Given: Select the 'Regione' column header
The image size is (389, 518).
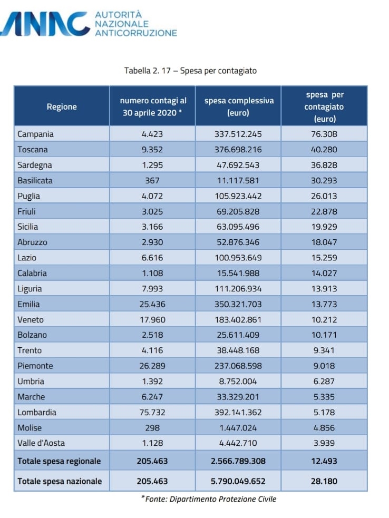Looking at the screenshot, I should pos(62,106).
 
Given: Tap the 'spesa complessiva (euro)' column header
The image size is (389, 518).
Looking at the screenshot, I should pos(238,106).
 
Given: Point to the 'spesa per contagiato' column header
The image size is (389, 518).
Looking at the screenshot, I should pos(324,106).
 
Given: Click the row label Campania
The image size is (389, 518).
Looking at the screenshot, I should pos(36,134).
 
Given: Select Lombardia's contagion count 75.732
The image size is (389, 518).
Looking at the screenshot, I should pos(152,412).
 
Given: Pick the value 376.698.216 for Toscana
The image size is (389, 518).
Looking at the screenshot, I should pos(238,150).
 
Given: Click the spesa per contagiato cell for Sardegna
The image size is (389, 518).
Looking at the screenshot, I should pos(324,165).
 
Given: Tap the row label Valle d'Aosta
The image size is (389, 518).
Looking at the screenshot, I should pos(41,443).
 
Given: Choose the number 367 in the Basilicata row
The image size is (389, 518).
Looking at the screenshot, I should pos(152,180).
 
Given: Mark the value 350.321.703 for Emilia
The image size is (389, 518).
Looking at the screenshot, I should pos(238,304).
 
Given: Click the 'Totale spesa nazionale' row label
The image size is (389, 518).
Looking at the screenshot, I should pos(60,481).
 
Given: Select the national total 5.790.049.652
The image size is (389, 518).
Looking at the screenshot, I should pos(238,481).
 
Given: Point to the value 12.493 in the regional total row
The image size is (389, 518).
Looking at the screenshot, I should pos(324,461).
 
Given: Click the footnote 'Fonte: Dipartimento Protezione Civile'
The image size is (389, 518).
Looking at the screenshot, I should pos(209,499).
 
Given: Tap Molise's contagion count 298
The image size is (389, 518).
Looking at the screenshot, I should pos(152,428).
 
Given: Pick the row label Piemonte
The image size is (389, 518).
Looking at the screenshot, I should pos(35,366).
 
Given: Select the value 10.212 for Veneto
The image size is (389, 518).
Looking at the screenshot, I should pos(324,319).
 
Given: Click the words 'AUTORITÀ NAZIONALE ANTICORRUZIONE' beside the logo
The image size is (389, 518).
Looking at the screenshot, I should pos(135,24).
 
